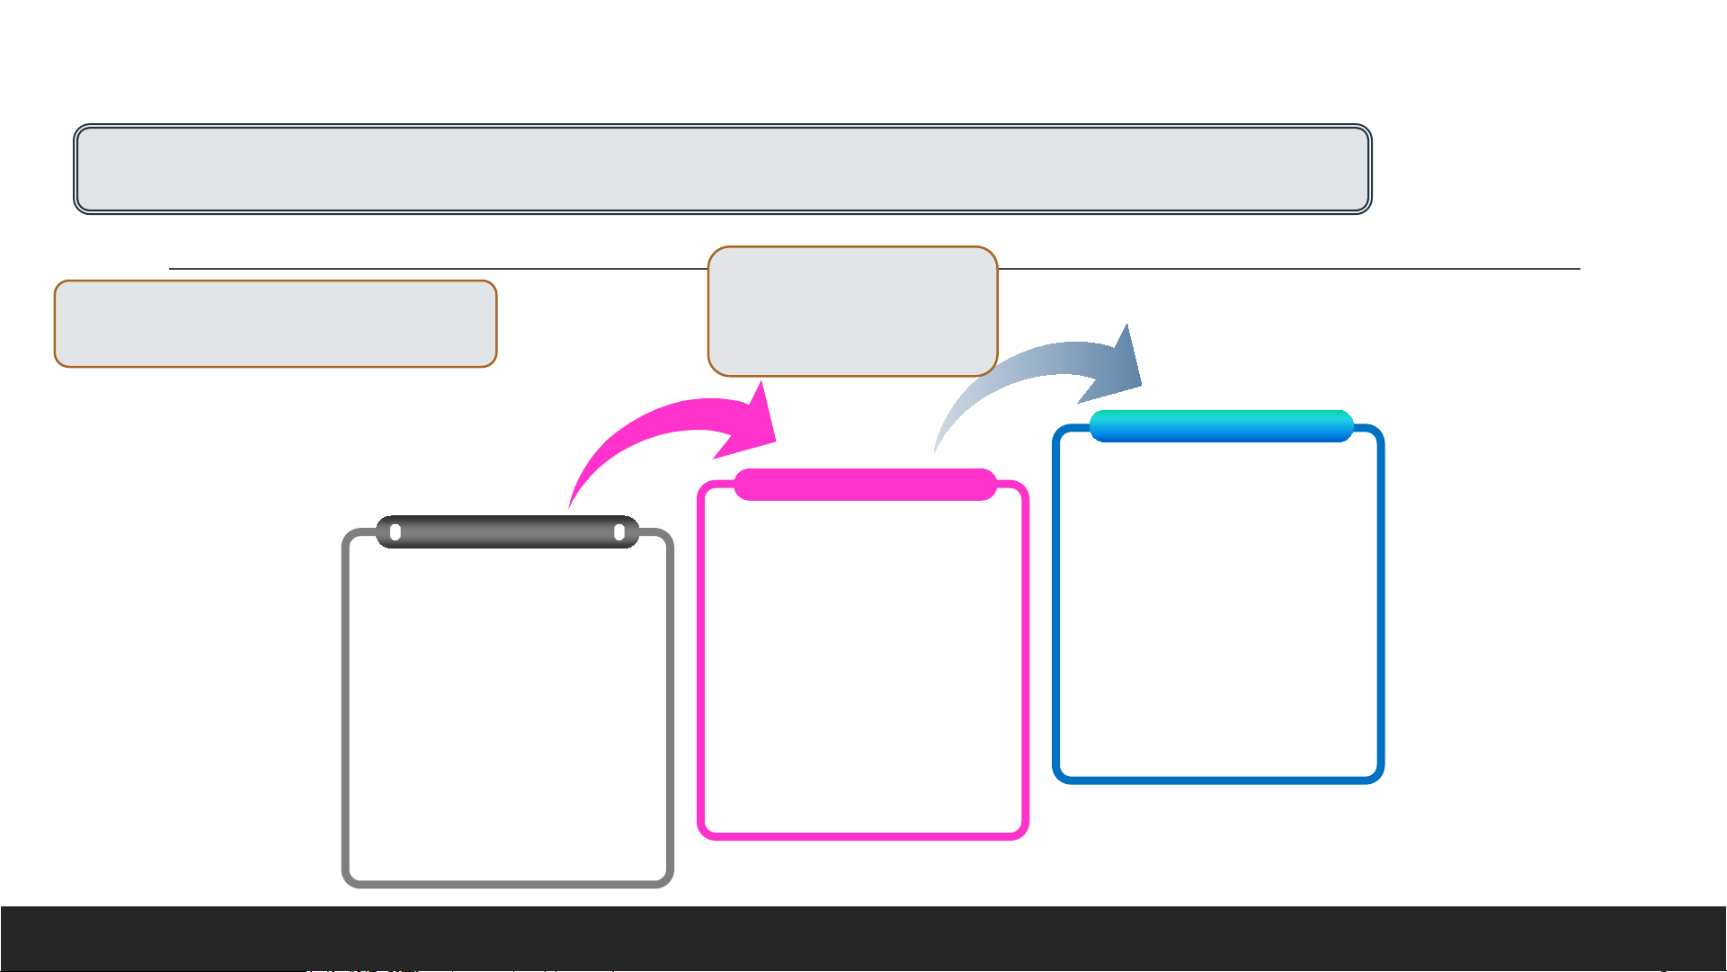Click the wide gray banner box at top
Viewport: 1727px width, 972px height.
click(x=722, y=169)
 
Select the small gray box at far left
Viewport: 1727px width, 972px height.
click(x=275, y=324)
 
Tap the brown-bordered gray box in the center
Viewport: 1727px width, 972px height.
click(x=852, y=311)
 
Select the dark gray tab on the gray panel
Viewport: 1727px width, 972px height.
click(x=507, y=532)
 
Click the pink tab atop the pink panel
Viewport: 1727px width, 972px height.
click(x=865, y=485)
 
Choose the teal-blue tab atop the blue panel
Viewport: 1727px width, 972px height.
click(x=1221, y=426)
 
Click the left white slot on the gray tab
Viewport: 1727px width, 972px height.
click(x=396, y=533)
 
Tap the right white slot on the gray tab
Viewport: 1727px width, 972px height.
click(x=619, y=533)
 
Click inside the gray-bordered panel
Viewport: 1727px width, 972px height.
click(x=507, y=710)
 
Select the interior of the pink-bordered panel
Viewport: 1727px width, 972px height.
click(x=863, y=665)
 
